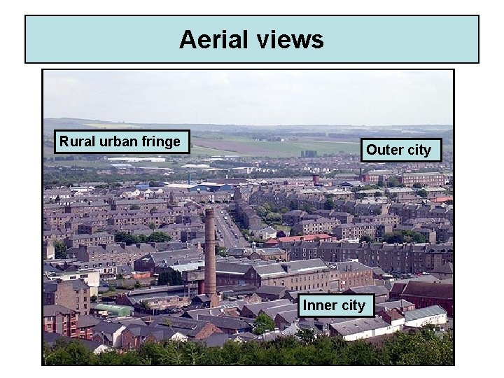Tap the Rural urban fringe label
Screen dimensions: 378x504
(x=120, y=142)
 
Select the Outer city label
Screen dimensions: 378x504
(x=399, y=150)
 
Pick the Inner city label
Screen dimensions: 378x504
(x=334, y=305)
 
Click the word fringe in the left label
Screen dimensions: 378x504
(x=160, y=142)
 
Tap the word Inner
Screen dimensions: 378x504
(x=318, y=305)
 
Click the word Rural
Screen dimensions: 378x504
(x=74, y=142)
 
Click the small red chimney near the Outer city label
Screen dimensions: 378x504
(x=316, y=180)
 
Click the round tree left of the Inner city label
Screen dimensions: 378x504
(x=264, y=323)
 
